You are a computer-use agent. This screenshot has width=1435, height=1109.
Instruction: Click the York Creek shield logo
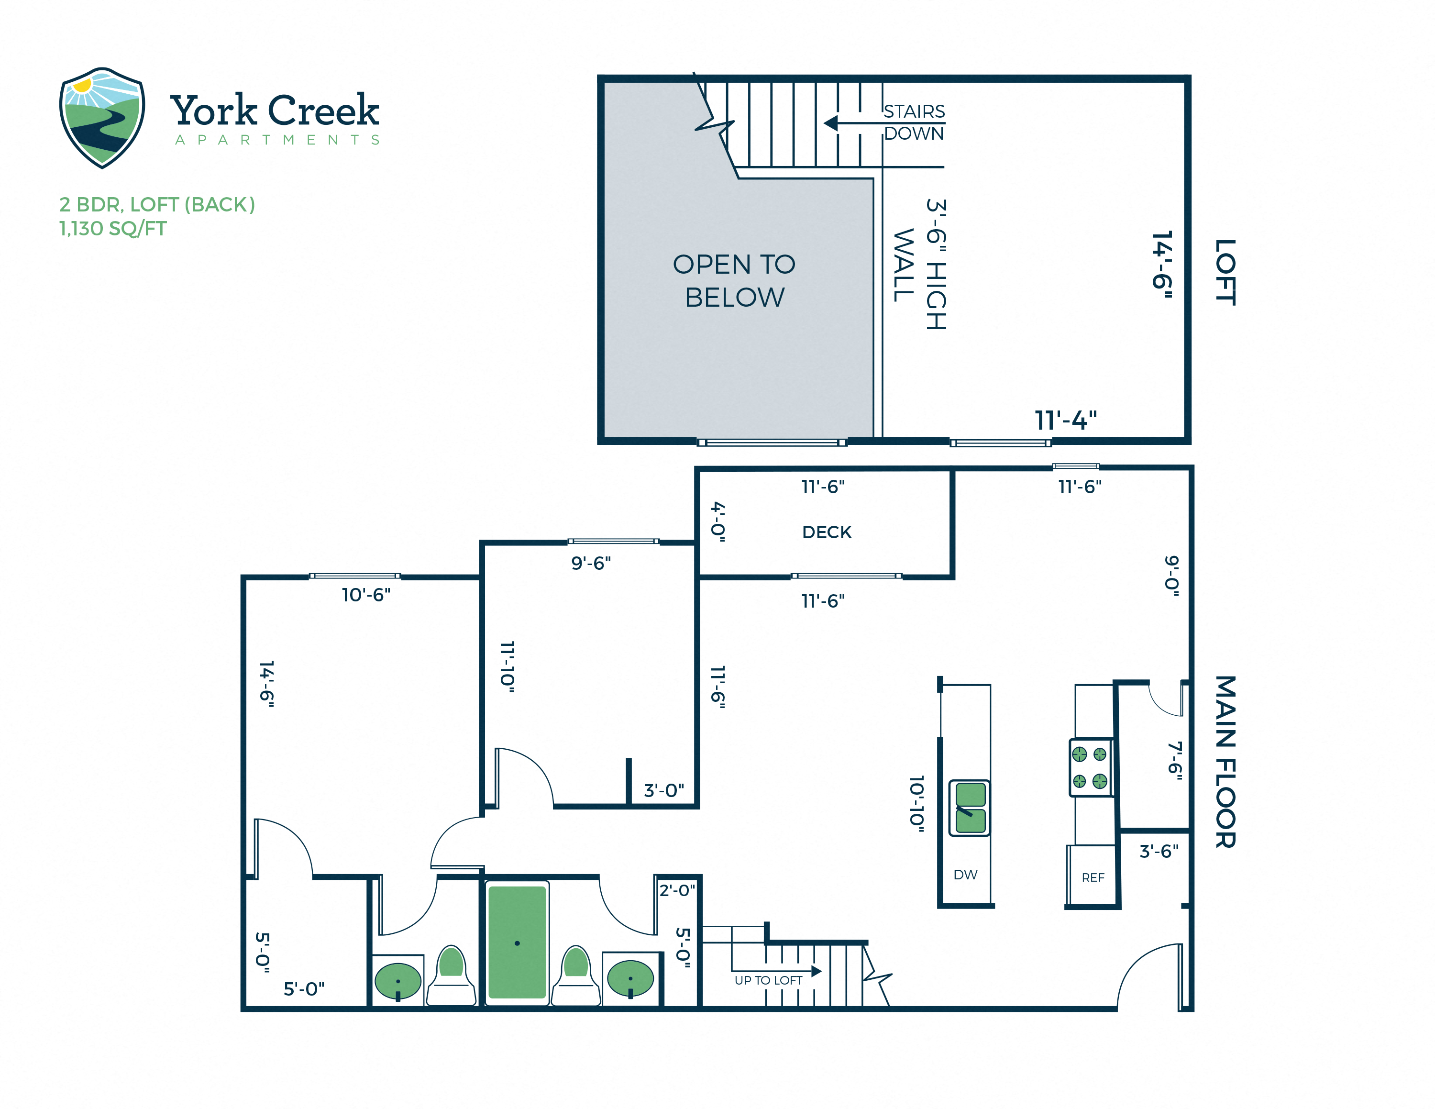coord(102,117)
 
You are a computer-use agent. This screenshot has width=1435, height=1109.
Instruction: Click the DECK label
coord(827,532)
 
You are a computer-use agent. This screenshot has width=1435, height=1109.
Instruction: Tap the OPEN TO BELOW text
coord(734,280)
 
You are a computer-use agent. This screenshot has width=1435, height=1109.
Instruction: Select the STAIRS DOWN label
coord(913,122)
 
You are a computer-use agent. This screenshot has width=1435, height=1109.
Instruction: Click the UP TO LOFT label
coord(768,980)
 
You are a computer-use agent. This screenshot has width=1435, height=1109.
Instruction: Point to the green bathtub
coord(517,942)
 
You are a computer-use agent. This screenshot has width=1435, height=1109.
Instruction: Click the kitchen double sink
coord(970,808)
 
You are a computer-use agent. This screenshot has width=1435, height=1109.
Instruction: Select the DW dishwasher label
coord(965,875)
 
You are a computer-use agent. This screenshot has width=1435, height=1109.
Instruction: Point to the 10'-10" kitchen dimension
coord(916,804)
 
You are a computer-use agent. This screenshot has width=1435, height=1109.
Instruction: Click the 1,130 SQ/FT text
coord(113,229)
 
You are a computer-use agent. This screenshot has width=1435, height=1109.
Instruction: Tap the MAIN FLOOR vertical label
coord(1225,762)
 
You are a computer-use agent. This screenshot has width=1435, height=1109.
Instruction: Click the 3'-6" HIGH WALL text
coord(920,265)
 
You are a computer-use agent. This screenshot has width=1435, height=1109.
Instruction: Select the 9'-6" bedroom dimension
coord(591,563)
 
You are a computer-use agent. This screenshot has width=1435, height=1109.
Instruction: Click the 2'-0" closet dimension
coord(677,890)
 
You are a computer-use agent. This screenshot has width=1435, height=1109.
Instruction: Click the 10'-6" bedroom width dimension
coord(366,595)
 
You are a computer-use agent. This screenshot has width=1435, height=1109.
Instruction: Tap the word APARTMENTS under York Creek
coord(277,140)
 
